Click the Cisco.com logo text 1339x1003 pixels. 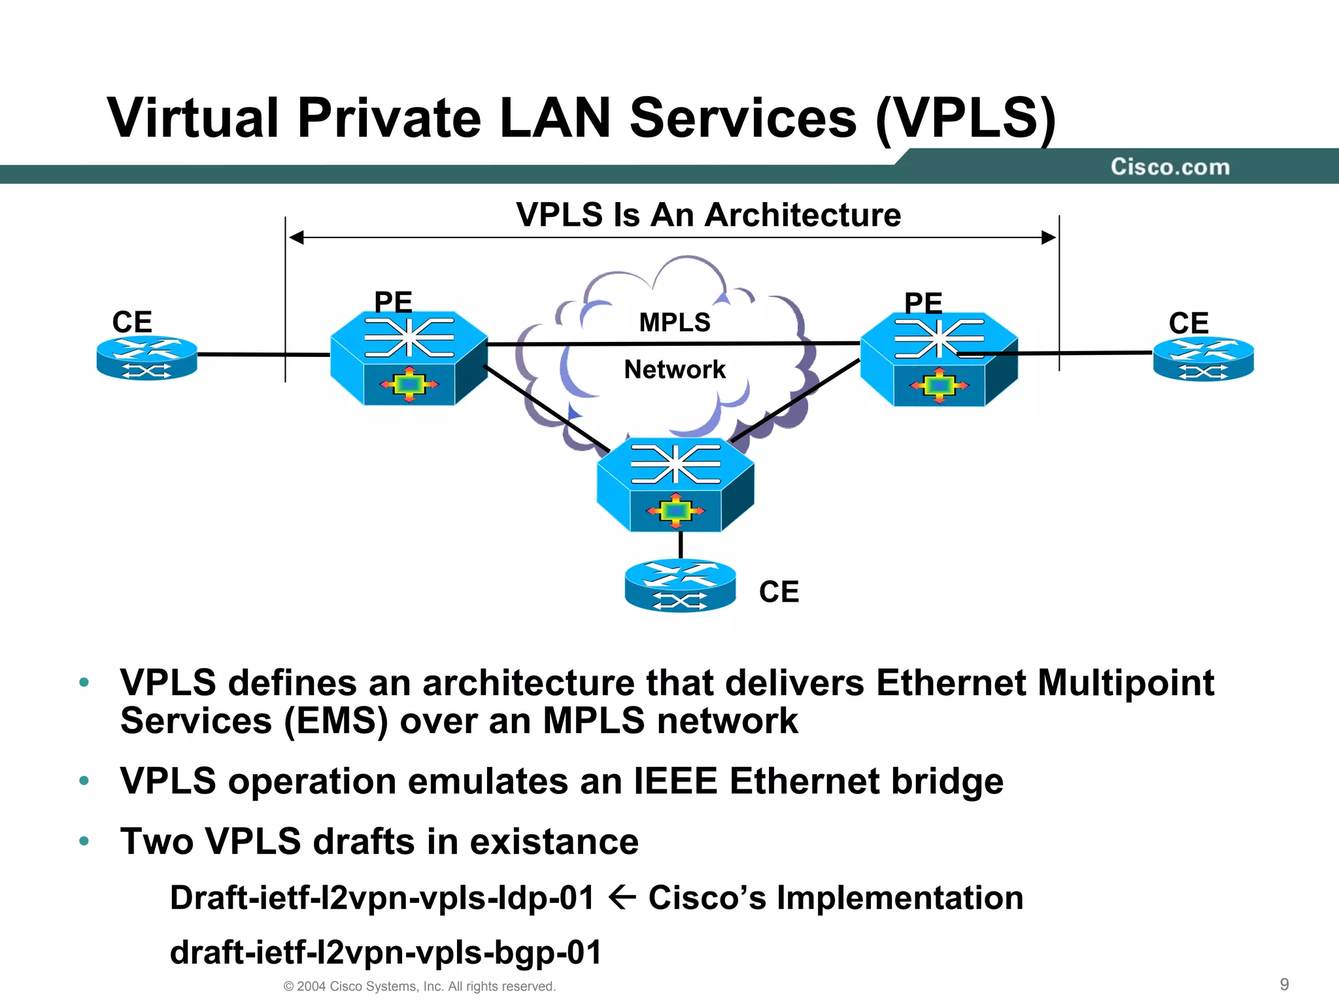(x=1170, y=167)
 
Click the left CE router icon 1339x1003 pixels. (x=147, y=358)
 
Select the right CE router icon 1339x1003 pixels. (x=1203, y=359)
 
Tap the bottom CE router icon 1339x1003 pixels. (x=680, y=585)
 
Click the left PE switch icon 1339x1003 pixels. (x=409, y=358)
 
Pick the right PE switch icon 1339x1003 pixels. (x=939, y=360)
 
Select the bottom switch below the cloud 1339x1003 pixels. (x=675, y=484)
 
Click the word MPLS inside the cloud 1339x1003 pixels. (x=674, y=322)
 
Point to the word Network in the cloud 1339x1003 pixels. (x=675, y=369)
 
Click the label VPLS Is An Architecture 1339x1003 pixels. (x=708, y=214)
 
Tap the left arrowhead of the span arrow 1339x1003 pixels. (x=296, y=237)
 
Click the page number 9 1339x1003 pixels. (x=1283, y=984)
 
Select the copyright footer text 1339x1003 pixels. (x=419, y=986)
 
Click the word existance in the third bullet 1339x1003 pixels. (x=554, y=841)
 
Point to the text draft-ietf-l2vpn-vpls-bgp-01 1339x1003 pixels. (x=386, y=952)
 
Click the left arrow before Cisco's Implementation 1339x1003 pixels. (x=621, y=897)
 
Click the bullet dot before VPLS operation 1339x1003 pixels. (x=84, y=781)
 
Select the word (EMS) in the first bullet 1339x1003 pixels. (x=336, y=721)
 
